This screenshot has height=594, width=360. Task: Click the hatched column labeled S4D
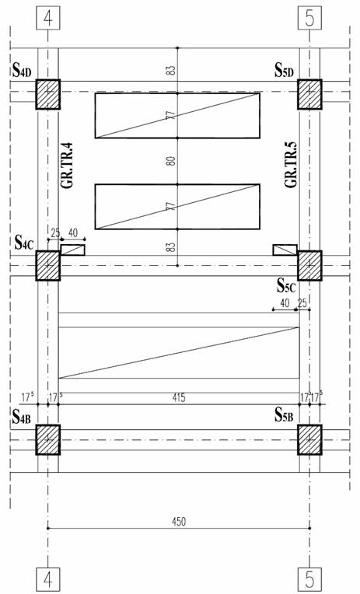point(48,94)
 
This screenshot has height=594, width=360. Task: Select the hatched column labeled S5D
point(309,94)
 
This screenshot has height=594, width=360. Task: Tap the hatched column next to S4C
point(48,266)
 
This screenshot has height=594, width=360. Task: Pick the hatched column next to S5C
point(309,266)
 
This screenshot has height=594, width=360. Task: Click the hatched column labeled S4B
point(48,439)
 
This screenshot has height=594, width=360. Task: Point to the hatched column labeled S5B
point(309,439)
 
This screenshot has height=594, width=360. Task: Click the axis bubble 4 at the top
point(48,18)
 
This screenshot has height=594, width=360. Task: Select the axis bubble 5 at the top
point(309,18)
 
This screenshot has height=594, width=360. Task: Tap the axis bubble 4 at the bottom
point(48,579)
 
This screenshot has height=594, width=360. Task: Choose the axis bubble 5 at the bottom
point(309,579)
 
